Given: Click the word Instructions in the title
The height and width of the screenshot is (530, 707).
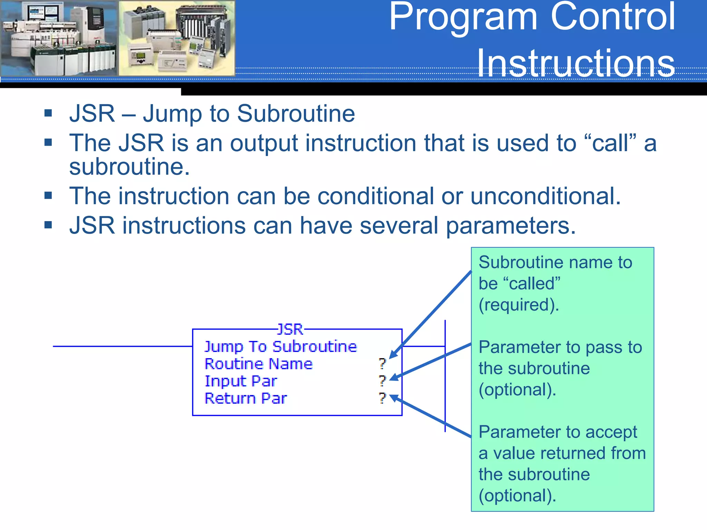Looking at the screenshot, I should [575, 63].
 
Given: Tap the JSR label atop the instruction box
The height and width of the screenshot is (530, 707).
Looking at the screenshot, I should [290, 330].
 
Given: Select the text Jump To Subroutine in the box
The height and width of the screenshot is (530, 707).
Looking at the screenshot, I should [280, 346].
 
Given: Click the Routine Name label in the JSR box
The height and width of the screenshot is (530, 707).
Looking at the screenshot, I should [259, 364].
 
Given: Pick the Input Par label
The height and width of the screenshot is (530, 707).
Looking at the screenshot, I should [241, 381].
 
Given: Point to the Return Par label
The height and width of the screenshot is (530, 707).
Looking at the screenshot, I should [245, 399].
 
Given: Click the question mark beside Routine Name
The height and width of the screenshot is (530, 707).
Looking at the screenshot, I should [382, 363].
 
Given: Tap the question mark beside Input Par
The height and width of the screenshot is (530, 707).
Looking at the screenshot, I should [382, 381].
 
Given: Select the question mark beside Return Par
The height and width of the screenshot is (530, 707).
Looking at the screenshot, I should [382, 398].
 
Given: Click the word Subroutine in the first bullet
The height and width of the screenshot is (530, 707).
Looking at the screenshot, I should [296, 114].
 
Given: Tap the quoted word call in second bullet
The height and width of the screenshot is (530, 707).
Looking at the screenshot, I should [610, 143].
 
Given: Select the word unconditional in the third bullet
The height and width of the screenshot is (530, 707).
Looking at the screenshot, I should [545, 196].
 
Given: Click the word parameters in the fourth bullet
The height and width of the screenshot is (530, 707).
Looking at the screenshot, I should [511, 226].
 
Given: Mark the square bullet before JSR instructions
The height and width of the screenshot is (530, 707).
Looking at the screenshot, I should [48, 225].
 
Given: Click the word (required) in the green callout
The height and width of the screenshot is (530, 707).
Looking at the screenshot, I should [519, 305].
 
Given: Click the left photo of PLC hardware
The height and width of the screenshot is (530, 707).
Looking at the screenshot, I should [59, 38].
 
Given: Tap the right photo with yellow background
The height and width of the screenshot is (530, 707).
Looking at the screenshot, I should [177, 38].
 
